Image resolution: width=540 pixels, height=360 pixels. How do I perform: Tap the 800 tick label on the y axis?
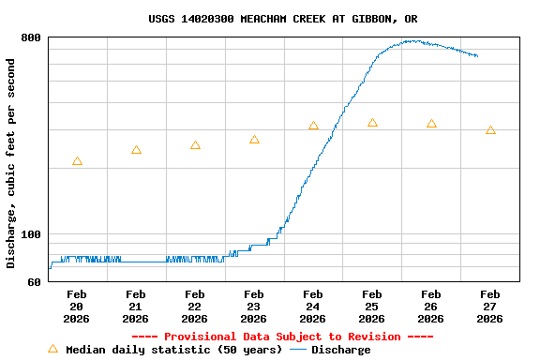tap(31, 37)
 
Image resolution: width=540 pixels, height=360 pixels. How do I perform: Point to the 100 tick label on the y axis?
tap(31, 234)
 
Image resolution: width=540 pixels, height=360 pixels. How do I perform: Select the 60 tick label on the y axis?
tap(35, 281)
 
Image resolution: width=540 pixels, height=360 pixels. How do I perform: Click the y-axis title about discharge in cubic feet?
tap(11, 163)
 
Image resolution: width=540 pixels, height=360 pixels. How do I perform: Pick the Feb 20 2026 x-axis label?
tap(77, 307)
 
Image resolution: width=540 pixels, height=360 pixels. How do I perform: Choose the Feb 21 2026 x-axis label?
tap(136, 307)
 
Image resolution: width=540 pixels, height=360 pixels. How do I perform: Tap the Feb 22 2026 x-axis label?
tap(195, 307)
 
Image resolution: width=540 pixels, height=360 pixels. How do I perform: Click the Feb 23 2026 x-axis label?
tap(254, 307)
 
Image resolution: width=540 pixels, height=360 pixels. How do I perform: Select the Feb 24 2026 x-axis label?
tap(313, 307)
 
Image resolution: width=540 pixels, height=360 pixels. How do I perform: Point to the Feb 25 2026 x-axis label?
tap(372, 307)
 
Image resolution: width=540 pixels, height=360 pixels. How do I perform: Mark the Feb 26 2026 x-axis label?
tap(431, 307)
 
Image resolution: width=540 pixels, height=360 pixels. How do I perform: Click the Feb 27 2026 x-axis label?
tap(490, 307)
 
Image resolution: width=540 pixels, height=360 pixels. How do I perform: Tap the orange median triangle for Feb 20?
tap(77, 161)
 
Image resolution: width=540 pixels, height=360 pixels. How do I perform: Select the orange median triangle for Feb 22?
tap(195, 145)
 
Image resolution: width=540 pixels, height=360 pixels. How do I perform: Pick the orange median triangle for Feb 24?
tap(313, 126)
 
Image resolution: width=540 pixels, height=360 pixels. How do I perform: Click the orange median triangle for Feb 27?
tap(490, 130)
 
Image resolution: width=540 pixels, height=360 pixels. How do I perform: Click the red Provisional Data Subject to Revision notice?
tap(283, 337)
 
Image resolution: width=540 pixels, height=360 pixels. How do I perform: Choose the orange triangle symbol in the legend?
tap(52, 349)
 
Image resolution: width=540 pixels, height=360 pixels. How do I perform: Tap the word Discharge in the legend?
tap(340, 350)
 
